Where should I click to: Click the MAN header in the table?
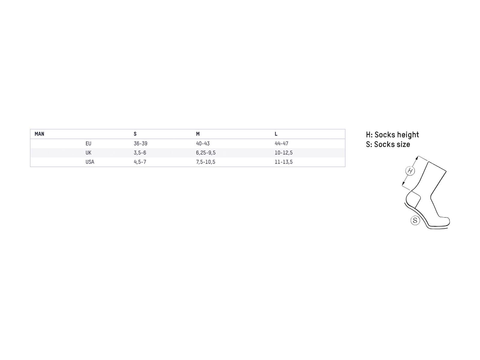point(39,134)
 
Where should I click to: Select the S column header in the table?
point(135,134)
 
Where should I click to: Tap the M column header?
point(198,134)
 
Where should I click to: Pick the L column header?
point(276,134)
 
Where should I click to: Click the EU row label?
point(88,143)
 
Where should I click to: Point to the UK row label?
point(88,153)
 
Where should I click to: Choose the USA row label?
point(90,162)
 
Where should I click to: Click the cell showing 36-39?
point(140,143)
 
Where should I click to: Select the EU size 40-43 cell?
point(203,143)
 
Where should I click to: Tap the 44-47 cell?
point(281,143)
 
